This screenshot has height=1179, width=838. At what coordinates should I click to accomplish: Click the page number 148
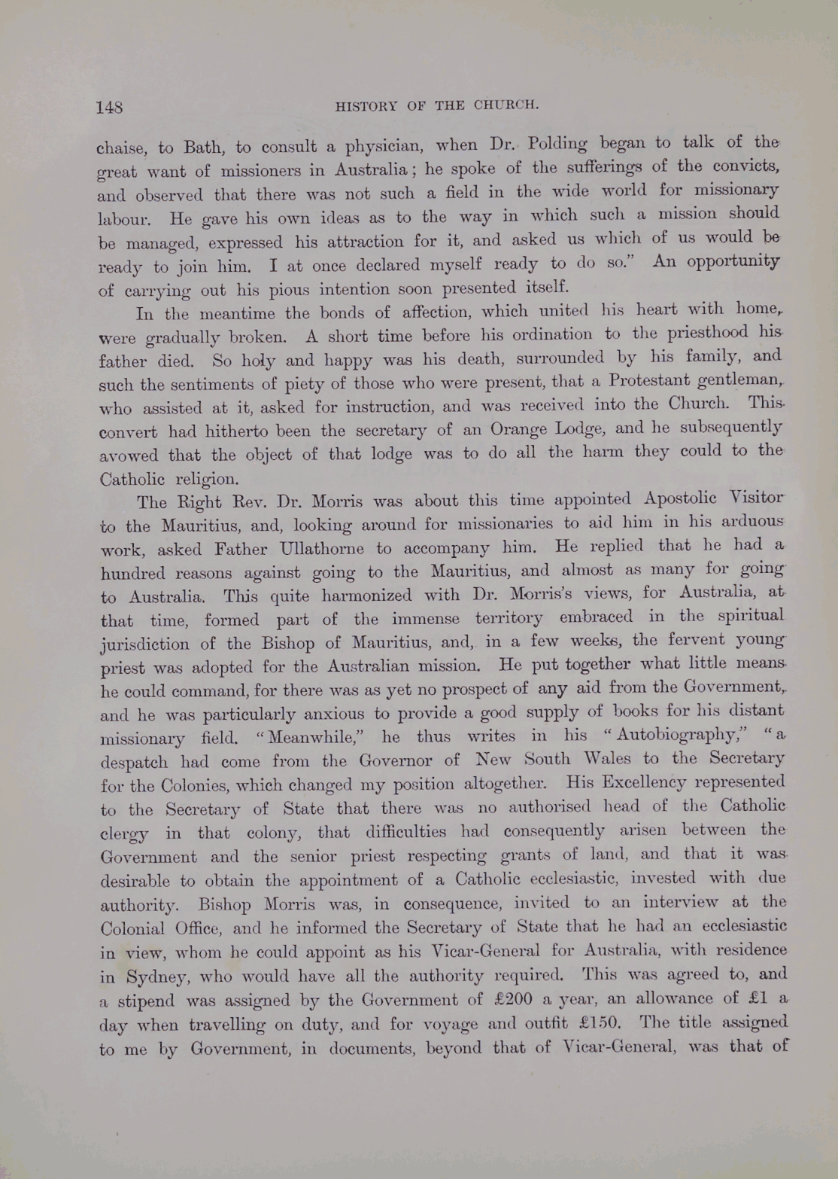click(x=109, y=107)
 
